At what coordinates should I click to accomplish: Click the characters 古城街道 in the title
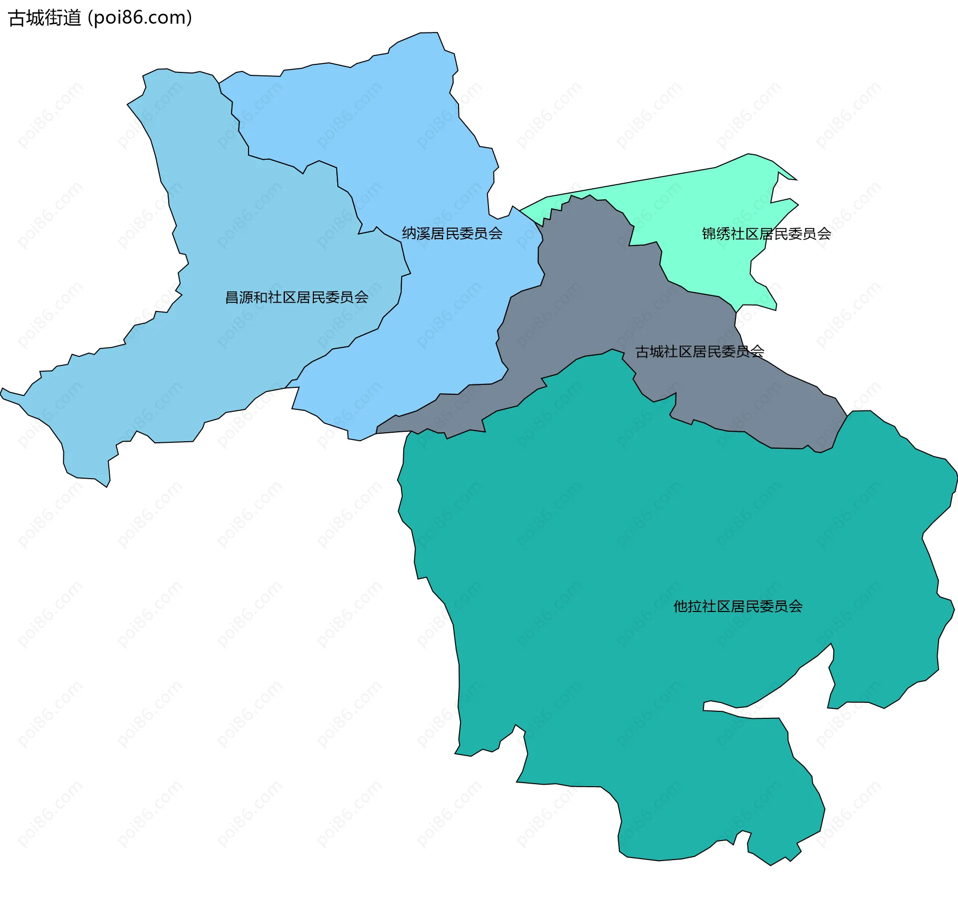click(x=45, y=18)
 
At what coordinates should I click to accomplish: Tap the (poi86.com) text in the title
click(x=140, y=18)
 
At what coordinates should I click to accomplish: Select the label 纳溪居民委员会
click(x=452, y=234)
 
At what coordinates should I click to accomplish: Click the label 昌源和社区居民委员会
click(x=297, y=298)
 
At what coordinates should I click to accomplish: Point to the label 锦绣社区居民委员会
click(x=766, y=234)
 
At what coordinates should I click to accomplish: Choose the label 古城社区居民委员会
click(x=700, y=352)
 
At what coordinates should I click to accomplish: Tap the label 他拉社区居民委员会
click(x=738, y=606)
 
